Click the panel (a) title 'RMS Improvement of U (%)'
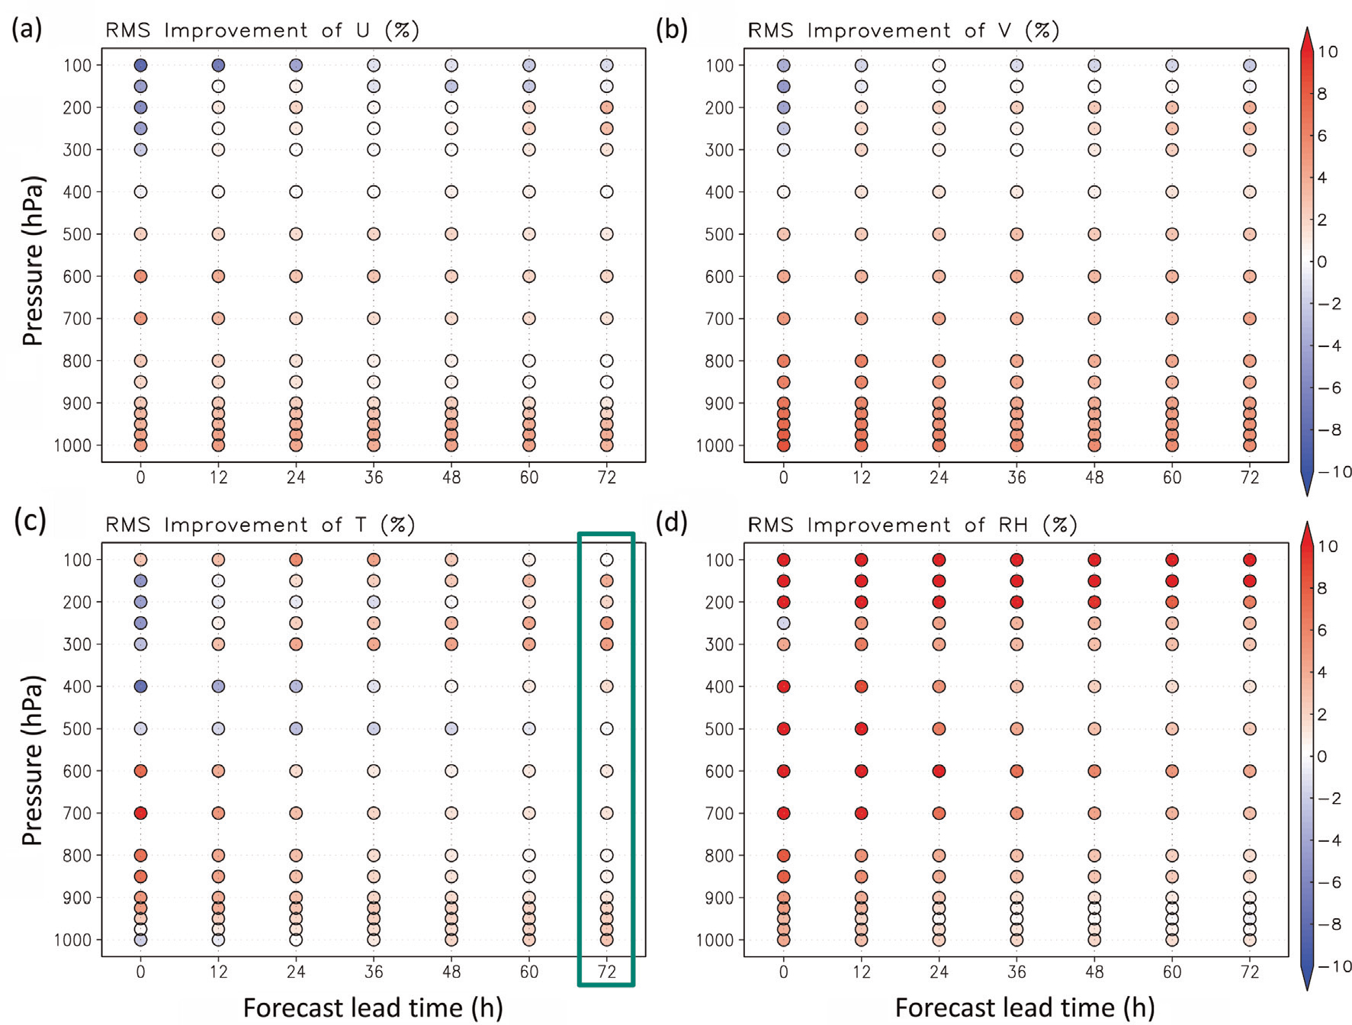coord(262,31)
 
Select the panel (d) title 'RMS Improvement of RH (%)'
coord(912,525)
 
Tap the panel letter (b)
coord(672,29)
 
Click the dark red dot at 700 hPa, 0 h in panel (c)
coord(140,813)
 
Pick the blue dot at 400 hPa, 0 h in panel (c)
coord(140,686)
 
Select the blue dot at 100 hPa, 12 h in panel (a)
coord(218,65)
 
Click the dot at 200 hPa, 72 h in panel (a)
coord(606,108)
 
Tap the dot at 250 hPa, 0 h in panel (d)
coord(783,623)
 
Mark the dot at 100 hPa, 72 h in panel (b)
coord(1249,65)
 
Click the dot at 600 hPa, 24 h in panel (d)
coord(939,771)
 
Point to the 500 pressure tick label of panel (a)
coord(77,234)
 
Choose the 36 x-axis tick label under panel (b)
coord(1016,477)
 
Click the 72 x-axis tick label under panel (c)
coord(606,972)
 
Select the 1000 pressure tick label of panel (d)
coord(715,940)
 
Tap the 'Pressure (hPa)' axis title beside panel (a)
coord(32,261)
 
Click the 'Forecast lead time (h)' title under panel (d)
coord(1025,1007)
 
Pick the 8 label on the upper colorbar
coord(1322,94)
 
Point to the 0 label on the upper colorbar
coord(1322,262)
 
